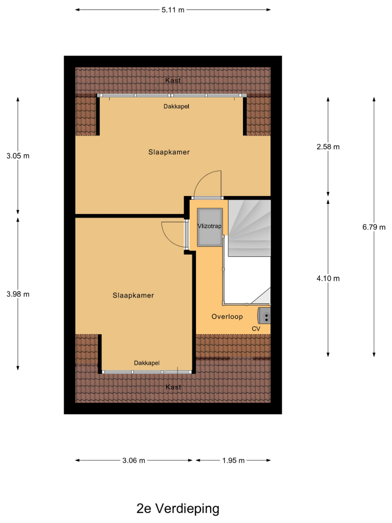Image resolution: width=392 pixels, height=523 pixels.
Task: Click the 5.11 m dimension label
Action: click(172, 10)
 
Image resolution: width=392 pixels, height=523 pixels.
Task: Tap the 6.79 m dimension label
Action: click(374, 227)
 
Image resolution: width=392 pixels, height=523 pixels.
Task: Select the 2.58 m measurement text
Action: click(328, 147)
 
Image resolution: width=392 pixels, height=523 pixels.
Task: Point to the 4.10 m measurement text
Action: click(328, 279)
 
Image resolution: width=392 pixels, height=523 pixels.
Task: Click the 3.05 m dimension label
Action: click(18, 156)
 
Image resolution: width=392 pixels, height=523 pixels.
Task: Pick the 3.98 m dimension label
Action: click(18, 294)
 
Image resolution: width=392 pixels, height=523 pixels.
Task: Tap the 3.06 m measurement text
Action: click(134, 461)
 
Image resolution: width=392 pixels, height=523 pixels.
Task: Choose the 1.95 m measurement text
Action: click(233, 461)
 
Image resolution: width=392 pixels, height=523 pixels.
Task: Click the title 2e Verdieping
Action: click(178, 509)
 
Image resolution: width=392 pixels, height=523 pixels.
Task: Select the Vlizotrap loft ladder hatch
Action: click(210, 228)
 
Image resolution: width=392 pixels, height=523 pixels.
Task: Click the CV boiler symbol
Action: click(264, 315)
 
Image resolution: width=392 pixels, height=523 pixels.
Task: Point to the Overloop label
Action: click(227, 316)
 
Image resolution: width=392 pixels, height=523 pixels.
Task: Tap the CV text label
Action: click(256, 329)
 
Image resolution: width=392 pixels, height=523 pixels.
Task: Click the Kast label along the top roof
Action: click(173, 81)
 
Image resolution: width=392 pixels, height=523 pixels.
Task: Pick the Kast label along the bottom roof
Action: click(174, 387)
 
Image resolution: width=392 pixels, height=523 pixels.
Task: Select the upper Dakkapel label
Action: click(176, 107)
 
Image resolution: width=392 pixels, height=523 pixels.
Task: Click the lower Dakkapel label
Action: click(147, 363)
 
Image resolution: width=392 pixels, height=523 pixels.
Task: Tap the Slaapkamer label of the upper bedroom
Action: click(169, 152)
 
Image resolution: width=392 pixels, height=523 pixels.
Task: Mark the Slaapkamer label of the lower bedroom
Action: click(133, 295)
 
